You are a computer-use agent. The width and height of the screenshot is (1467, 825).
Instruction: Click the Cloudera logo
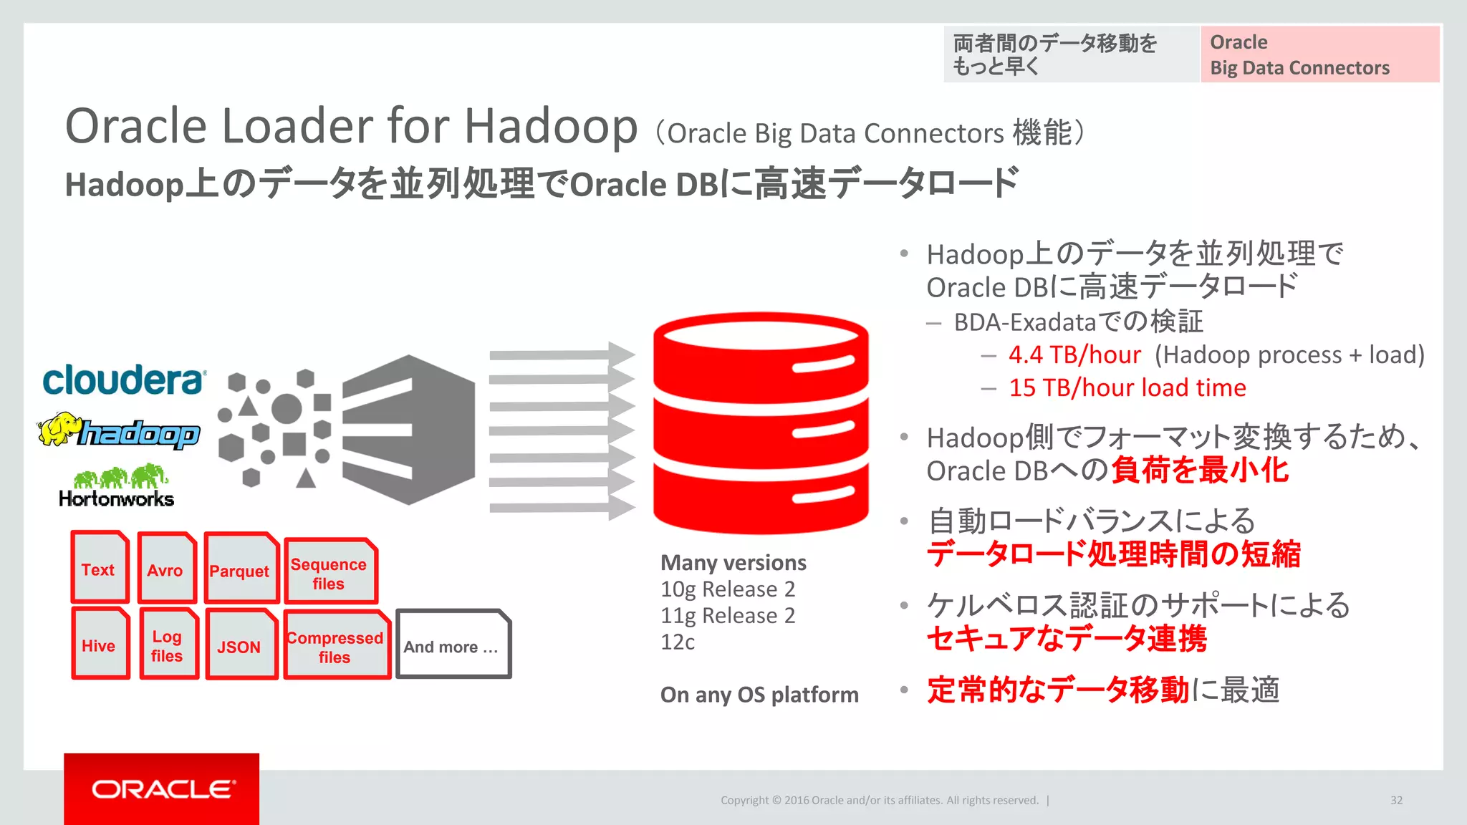tap(124, 380)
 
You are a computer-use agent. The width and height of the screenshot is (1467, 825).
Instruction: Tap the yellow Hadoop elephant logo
tap(118, 431)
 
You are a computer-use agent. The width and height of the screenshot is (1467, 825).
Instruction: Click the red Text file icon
tap(100, 569)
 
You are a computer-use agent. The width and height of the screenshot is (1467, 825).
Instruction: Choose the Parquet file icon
tap(240, 570)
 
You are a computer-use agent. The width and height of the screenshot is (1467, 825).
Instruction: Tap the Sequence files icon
tap(330, 573)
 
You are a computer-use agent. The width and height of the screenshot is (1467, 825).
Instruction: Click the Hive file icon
tap(100, 645)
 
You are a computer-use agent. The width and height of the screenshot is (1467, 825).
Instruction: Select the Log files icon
tap(168, 645)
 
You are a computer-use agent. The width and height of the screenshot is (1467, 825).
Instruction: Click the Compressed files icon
tap(335, 646)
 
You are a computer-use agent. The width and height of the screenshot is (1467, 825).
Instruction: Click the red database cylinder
tap(761, 424)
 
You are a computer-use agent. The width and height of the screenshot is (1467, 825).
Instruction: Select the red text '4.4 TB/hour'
tap(1074, 354)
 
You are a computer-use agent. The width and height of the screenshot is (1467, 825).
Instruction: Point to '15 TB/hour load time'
tap(1127, 387)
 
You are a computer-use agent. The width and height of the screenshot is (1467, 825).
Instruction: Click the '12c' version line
tap(677, 642)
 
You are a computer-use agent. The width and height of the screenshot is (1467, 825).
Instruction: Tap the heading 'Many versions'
tap(733, 563)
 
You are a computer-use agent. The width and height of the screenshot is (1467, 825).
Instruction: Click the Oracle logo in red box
tap(162, 789)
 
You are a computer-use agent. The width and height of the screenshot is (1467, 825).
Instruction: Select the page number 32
tap(1396, 800)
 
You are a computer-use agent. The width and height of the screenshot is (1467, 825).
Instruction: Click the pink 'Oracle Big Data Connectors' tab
tap(1319, 54)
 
